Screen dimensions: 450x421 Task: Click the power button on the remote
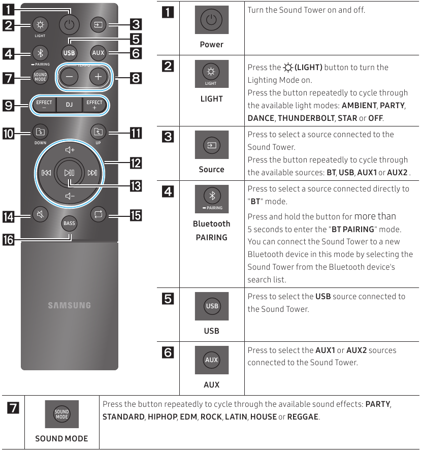coord(69,24)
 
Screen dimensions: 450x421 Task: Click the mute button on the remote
coord(40,214)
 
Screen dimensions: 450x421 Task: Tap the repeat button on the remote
coord(97,214)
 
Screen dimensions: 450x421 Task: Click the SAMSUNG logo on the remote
coord(69,305)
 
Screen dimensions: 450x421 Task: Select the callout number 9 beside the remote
coord(10,105)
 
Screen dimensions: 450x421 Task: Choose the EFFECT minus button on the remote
coord(44,105)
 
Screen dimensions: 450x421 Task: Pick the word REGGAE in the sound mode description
coord(303,417)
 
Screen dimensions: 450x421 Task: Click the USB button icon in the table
coord(212,306)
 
